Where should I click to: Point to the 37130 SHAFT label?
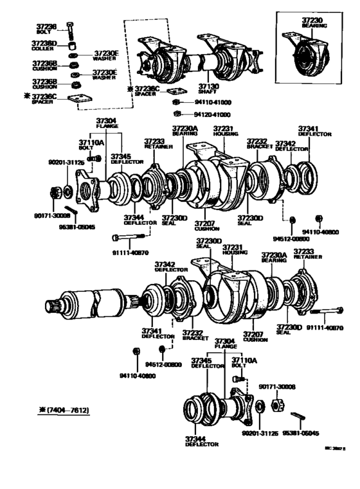tap(206, 87)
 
